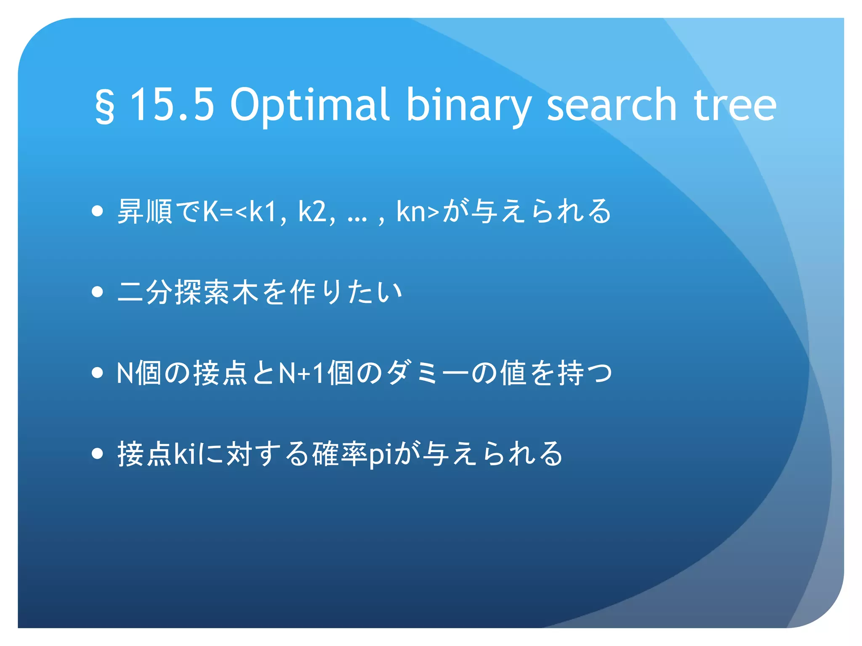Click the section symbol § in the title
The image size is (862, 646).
(x=104, y=106)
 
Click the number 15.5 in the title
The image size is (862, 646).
(x=172, y=105)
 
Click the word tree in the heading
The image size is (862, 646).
(x=734, y=106)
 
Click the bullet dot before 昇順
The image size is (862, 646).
(x=97, y=211)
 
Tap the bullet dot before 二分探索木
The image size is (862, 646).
(x=97, y=292)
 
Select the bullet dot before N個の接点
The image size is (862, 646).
(x=97, y=373)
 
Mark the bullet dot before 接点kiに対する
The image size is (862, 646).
(x=97, y=453)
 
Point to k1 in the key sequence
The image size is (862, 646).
(x=263, y=211)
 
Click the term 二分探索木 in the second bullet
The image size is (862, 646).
(x=188, y=292)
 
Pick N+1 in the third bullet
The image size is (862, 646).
(x=302, y=373)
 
